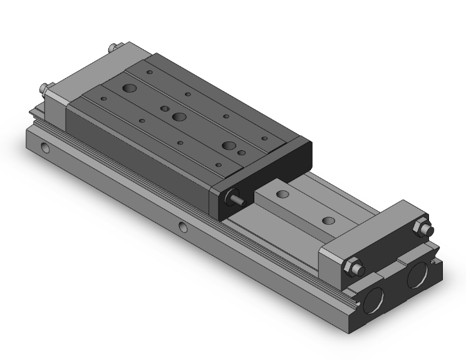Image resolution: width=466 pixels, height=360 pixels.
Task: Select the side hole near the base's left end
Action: point(45,149)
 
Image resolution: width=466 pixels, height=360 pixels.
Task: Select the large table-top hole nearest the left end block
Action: point(131,88)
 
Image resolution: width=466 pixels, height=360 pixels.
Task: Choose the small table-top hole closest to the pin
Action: point(218,165)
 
